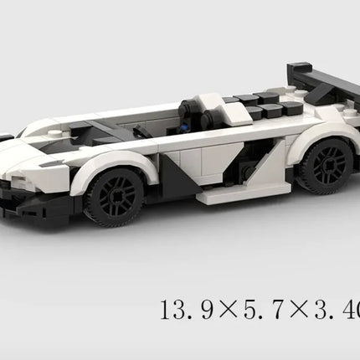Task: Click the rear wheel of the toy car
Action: [325, 165]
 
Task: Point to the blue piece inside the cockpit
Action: [185, 127]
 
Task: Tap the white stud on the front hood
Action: [52, 132]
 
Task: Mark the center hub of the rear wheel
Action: [326, 166]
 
